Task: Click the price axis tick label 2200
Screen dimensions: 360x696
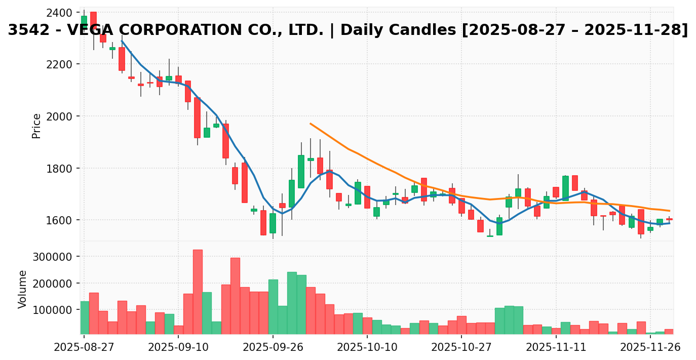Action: coord(58,64)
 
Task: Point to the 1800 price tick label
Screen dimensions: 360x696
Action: coord(58,168)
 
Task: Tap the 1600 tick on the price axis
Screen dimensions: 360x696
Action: coord(58,220)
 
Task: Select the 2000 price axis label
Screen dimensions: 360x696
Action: coord(58,116)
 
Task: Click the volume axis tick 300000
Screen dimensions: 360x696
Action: coord(53,257)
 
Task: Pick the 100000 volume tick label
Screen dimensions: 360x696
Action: coord(53,310)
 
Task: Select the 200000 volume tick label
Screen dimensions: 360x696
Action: coord(53,284)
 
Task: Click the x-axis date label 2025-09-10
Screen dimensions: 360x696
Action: coord(178,348)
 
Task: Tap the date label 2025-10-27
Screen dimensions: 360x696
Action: coord(461,348)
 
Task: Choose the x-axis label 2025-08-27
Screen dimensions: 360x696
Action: coord(84,348)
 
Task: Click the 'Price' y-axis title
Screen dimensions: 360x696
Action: coord(36,126)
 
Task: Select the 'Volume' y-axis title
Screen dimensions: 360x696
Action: coord(23,289)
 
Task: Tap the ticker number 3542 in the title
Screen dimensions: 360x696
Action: coord(25,30)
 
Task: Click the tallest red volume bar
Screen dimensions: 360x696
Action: coord(198,291)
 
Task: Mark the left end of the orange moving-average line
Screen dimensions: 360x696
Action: coord(311,123)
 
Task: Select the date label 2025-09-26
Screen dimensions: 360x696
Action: coord(273,348)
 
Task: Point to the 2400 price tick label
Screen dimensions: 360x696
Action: coord(58,13)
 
